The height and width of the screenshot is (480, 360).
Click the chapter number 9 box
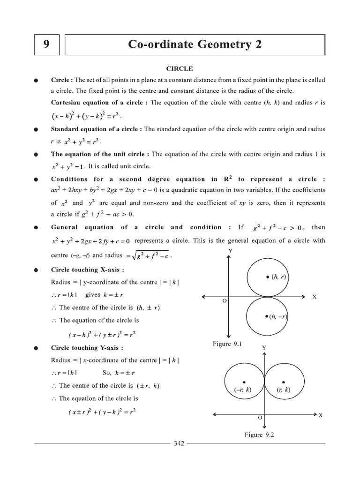[x=46, y=45]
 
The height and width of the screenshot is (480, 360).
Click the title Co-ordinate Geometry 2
[x=195, y=45]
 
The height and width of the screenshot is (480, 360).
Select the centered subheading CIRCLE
[x=180, y=68]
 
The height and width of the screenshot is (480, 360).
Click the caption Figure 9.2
[x=259, y=435]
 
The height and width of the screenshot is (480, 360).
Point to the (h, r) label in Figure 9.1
[x=277, y=277]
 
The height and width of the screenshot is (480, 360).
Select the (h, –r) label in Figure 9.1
[x=277, y=316]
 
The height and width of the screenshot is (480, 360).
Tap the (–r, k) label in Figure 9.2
[x=242, y=390]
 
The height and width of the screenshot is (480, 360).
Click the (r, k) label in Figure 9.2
[x=283, y=390]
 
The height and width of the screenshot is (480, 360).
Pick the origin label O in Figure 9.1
[x=225, y=301]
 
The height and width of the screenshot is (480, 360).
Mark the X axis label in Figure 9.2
[x=321, y=415]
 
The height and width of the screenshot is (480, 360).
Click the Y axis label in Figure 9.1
[x=230, y=251]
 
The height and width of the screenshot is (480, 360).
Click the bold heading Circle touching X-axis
[x=88, y=270]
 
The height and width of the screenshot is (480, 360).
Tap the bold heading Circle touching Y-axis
[x=88, y=348]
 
